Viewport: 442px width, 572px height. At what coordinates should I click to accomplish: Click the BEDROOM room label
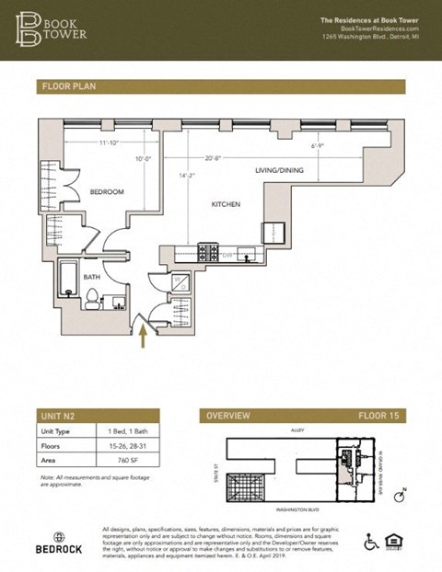pyautogui.click(x=106, y=191)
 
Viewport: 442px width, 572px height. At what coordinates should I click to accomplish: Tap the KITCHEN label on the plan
pyautogui.click(x=226, y=204)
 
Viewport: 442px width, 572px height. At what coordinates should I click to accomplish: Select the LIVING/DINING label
pyautogui.click(x=280, y=171)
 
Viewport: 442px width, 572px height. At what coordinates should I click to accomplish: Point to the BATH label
pyautogui.click(x=91, y=275)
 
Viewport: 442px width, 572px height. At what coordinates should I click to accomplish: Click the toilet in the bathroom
pyautogui.click(x=92, y=297)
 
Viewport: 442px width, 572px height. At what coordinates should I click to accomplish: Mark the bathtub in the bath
pyautogui.click(x=67, y=280)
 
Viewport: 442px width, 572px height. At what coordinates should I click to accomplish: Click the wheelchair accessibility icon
pyautogui.click(x=372, y=542)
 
